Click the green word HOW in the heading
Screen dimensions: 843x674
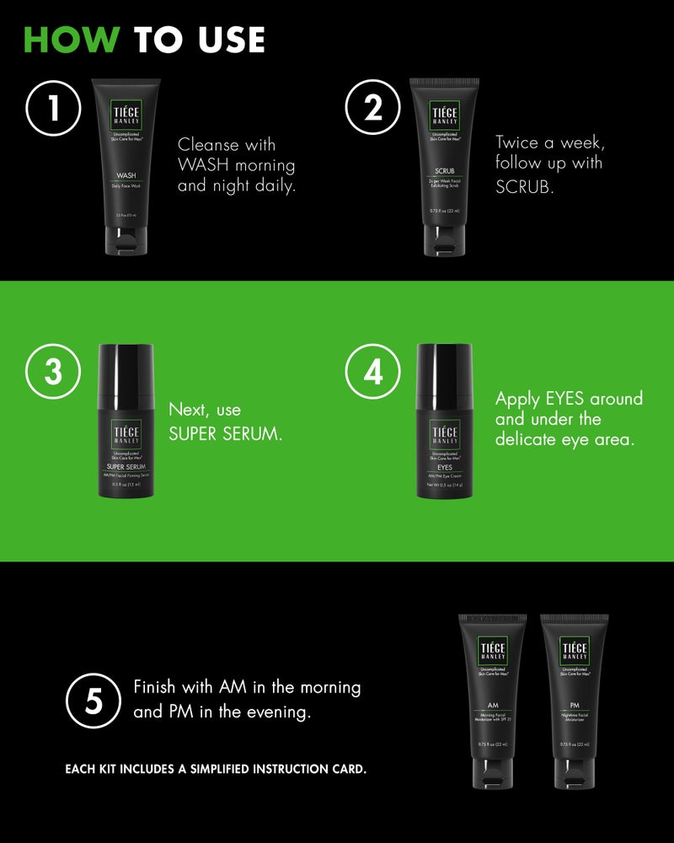[71, 40]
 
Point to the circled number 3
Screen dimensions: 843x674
[53, 372]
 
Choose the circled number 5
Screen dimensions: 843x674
[94, 701]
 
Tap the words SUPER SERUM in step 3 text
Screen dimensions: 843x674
[225, 433]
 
